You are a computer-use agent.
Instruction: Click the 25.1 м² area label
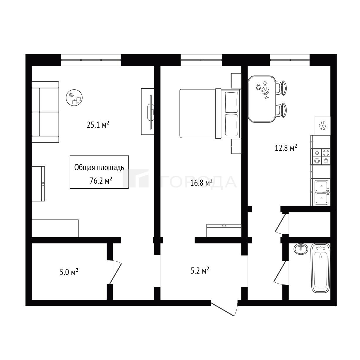point(98,125)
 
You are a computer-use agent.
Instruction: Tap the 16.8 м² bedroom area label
point(202,183)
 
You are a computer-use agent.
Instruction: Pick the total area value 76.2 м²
point(101,181)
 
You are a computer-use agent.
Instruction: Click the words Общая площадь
point(99,168)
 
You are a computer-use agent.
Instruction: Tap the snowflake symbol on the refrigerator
point(323,126)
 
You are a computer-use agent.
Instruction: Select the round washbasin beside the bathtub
point(301,249)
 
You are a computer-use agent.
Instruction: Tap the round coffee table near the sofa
point(74,98)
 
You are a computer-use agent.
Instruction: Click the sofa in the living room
point(45,112)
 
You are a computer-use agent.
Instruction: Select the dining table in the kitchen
point(262,99)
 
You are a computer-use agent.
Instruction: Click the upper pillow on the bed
point(231,102)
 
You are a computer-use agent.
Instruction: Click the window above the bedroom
point(201,60)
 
